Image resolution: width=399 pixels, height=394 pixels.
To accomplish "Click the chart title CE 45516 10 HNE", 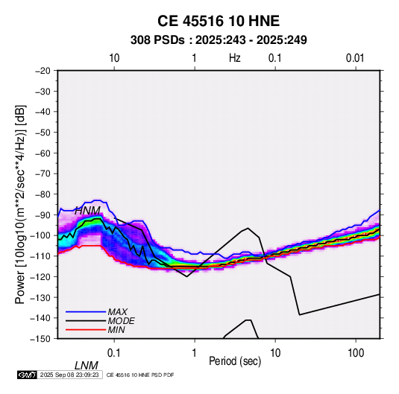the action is click(219, 21).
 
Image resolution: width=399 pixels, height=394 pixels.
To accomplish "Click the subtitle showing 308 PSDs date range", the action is click(219, 40).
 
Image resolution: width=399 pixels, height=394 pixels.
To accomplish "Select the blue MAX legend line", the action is click(86, 311).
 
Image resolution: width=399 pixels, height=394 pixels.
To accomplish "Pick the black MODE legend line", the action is click(86, 321).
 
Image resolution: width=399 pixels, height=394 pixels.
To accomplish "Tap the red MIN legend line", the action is click(86, 330).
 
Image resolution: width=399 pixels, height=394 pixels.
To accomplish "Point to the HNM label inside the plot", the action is click(87, 211).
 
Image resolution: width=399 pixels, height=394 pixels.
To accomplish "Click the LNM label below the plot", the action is click(87, 366).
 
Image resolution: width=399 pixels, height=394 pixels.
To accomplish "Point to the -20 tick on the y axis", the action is click(43, 71).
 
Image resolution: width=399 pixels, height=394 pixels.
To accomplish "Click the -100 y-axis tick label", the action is click(40, 235).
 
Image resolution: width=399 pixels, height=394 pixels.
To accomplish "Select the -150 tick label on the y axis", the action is click(40, 339).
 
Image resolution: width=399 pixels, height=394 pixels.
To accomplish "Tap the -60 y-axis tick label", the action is click(43, 153).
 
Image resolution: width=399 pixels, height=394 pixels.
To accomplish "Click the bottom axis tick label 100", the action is click(356, 353).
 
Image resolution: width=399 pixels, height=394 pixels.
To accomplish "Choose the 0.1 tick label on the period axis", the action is click(114, 353).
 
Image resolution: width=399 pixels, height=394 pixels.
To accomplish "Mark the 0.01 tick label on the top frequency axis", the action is click(355, 58).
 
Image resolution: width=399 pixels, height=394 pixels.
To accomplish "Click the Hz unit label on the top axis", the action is click(235, 58).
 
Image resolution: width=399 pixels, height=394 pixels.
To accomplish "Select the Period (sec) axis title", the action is click(235, 361).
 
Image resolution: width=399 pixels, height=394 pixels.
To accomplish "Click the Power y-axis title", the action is click(20, 205).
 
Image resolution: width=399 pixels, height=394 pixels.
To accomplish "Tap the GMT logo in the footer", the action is click(28, 375).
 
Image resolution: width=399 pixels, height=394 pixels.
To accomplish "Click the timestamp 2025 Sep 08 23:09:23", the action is click(69, 375).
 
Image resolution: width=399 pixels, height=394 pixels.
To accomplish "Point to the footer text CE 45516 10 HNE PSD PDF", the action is click(140, 375).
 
